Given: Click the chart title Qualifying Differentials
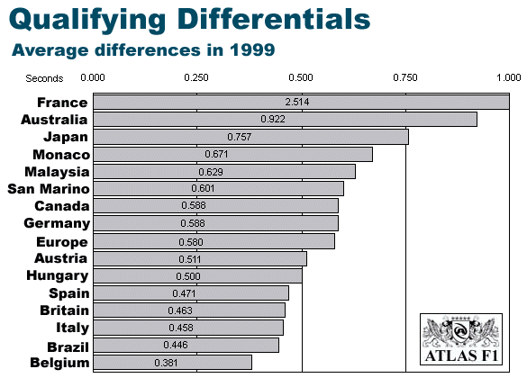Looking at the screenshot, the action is [189, 20].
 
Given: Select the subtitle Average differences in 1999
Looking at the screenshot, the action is [143, 50].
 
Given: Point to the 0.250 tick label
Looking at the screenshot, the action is [196, 77].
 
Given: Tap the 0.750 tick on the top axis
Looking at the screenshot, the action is [405, 77].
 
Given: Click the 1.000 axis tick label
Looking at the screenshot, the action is [508, 77].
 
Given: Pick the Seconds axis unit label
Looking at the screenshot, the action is [44, 78].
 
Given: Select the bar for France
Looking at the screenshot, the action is [301, 102].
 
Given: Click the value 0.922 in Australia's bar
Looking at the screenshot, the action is [273, 119].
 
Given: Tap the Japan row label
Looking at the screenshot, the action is [66, 138].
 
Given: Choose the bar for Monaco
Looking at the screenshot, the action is [233, 154].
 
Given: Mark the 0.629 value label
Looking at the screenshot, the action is [211, 172].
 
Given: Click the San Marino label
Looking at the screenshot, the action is [49, 189].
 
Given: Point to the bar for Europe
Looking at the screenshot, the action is [214, 242].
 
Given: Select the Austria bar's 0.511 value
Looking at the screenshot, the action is [190, 259].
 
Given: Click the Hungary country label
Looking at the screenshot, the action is [58, 275].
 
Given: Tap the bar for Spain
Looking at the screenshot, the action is [191, 293].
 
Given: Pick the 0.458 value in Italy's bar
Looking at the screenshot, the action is [181, 328].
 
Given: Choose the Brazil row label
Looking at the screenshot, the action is [68, 347].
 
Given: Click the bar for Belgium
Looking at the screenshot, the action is [172, 363].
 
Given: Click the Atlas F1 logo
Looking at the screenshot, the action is [461, 339].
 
